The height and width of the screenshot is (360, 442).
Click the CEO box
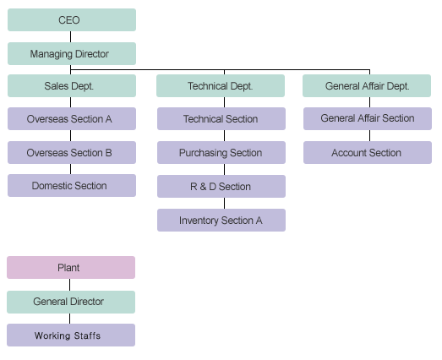72,19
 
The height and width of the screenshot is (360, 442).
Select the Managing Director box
72,53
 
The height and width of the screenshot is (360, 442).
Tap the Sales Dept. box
72,85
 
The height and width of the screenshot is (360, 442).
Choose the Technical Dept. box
221,85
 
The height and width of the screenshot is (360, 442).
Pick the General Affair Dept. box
367,85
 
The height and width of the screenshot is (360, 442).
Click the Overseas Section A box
72,118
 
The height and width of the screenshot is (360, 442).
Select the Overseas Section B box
72,152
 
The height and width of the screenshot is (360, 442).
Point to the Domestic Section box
72,186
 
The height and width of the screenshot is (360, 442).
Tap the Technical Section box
221,118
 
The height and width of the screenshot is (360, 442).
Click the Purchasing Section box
221,152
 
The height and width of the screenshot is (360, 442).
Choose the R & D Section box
221,187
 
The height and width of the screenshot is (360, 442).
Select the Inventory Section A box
221,221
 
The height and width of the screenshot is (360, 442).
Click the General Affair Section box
368,118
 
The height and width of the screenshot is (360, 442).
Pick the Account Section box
368,152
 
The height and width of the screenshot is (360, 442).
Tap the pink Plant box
71,268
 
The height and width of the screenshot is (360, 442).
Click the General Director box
71,303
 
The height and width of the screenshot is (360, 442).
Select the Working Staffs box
71,335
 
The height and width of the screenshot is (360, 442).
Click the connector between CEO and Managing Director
70,36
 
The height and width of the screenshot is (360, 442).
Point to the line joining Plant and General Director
69,285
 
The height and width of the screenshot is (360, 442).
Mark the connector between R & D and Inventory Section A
225,204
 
